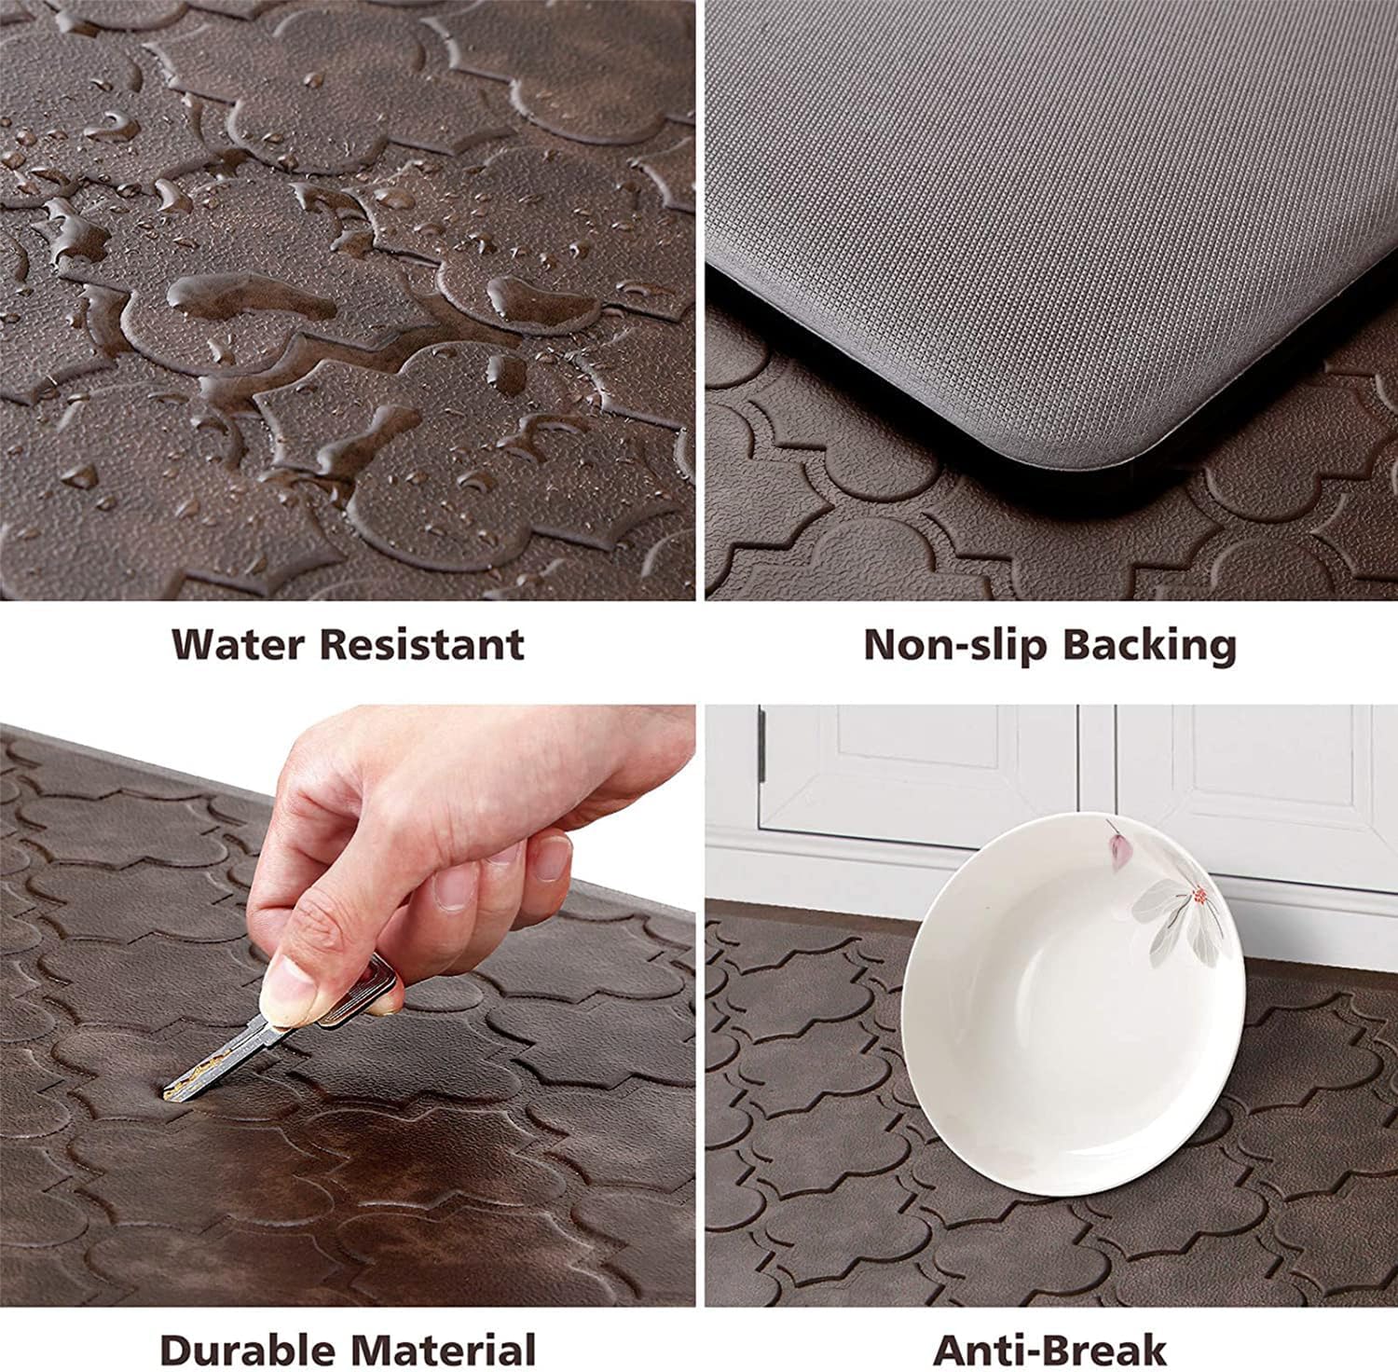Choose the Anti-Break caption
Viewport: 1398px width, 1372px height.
[x=1049, y=1349]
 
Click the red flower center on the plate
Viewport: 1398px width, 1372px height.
[x=1199, y=896]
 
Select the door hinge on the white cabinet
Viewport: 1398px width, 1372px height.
[x=761, y=746]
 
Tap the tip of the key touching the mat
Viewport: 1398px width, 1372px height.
[x=170, y=1091]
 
